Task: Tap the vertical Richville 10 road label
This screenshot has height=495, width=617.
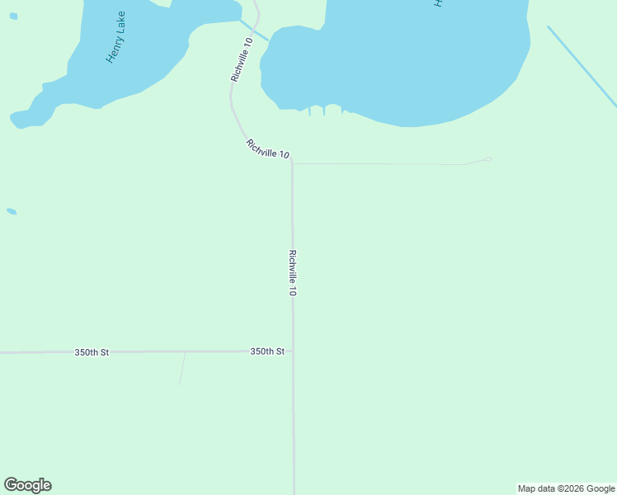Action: click(292, 273)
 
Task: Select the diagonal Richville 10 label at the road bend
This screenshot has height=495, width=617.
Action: click(267, 149)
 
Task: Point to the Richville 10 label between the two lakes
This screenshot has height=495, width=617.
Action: click(242, 59)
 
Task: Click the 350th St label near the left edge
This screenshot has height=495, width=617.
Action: click(92, 352)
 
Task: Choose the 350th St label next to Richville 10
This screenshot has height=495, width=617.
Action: click(267, 351)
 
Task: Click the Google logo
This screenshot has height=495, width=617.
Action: click(28, 485)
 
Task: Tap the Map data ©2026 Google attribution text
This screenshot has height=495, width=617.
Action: click(567, 488)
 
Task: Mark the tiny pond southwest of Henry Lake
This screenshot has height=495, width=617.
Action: click(12, 211)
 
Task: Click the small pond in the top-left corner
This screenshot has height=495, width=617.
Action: click(13, 16)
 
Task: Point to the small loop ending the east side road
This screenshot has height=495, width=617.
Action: click(487, 159)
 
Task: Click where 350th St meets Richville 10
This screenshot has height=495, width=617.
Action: click(293, 351)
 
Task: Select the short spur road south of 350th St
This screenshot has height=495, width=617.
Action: click(182, 368)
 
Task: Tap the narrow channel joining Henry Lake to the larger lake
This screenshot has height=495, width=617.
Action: click(255, 31)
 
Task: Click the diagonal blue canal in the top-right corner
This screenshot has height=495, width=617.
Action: click(582, 66)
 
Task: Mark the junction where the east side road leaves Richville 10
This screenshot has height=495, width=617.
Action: click(293, 163)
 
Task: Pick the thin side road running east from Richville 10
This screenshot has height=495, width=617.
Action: click(379, 164)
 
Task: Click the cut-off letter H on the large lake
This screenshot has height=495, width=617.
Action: click(439, 3)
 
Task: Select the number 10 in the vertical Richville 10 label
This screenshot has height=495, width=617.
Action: click(292, 290)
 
